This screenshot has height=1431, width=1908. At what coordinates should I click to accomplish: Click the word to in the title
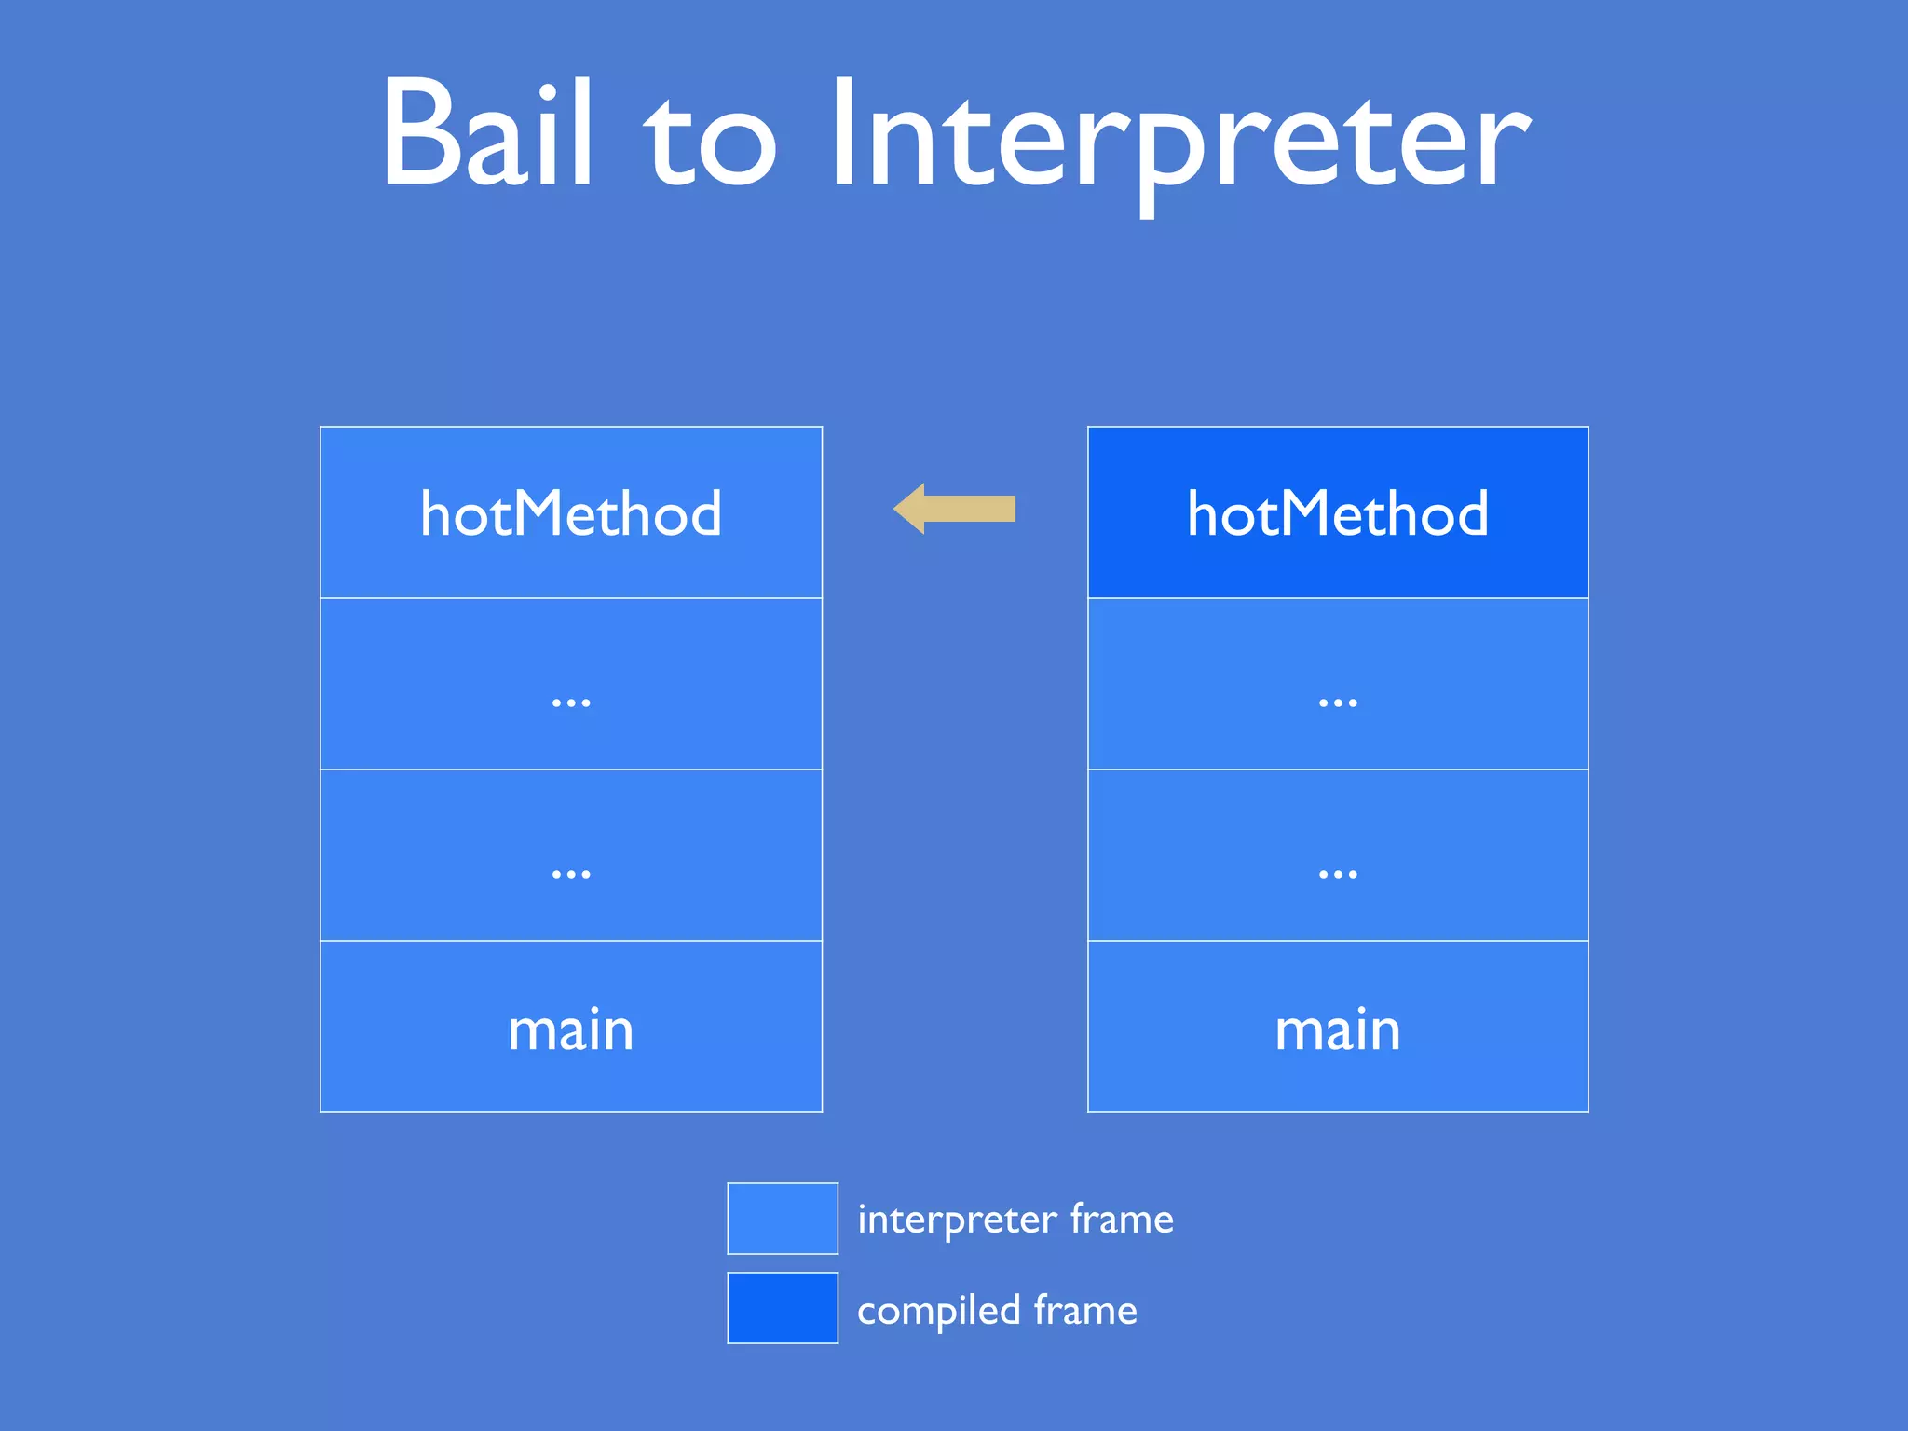pos(710,140)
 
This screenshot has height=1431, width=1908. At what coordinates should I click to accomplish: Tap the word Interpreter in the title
pos(1179,140)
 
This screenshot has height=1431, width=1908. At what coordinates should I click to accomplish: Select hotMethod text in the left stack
pos(570,513)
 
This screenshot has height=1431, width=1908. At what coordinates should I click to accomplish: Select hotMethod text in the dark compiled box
pos(1338,513)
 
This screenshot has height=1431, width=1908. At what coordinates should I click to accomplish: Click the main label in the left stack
pos(570,1030)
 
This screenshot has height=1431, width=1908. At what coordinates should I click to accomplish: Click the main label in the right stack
pos(1338,1030)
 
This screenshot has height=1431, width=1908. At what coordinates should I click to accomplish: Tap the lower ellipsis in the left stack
pos(570,874)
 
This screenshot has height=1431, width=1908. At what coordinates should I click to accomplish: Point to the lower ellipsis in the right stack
pos(1338,874)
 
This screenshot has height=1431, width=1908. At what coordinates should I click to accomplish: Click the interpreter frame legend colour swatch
pos(783,1218)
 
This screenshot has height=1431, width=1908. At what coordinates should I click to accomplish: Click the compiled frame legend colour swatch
pos(783,1307)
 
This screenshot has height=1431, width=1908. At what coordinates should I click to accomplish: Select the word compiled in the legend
pos(938,1311)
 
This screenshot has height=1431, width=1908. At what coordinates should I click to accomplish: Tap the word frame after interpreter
pos(1122,1219)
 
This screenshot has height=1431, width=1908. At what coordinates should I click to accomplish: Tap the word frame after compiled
pos(1085,1310)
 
